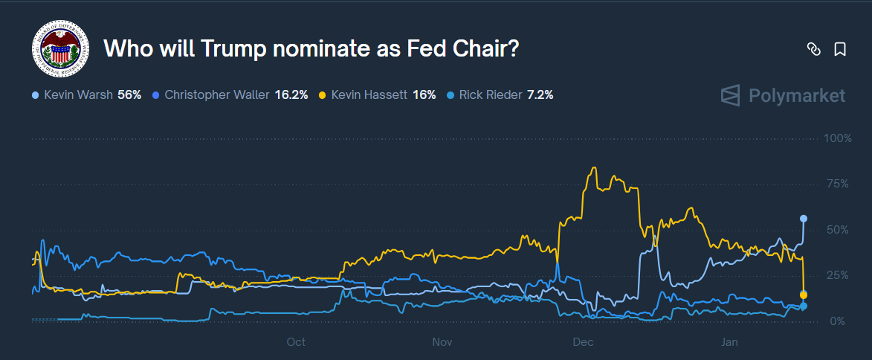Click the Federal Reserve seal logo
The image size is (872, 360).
[x=60, y=49]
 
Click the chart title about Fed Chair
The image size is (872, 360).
[x=311, y=49]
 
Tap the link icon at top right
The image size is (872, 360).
[x=813, y=50]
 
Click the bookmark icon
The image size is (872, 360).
[x=840, y=50]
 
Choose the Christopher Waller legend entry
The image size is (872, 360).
[x=216, y=95]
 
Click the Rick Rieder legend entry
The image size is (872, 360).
[x=490, y=95]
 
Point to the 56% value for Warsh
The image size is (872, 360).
[x=129, y=95]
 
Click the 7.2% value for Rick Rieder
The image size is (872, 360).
[x=540, y=95]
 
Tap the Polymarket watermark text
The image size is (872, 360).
[x=796, y=96]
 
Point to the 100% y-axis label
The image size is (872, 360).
[x=839, y=139]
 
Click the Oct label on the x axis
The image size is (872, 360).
[x=296, y=342]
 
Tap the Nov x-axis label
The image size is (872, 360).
[x=442, y=342]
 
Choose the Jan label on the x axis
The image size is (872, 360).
[x=729, y=342]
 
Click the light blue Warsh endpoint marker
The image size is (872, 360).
[x=804, y=219]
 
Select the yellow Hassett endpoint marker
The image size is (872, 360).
[x=804, y=295]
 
